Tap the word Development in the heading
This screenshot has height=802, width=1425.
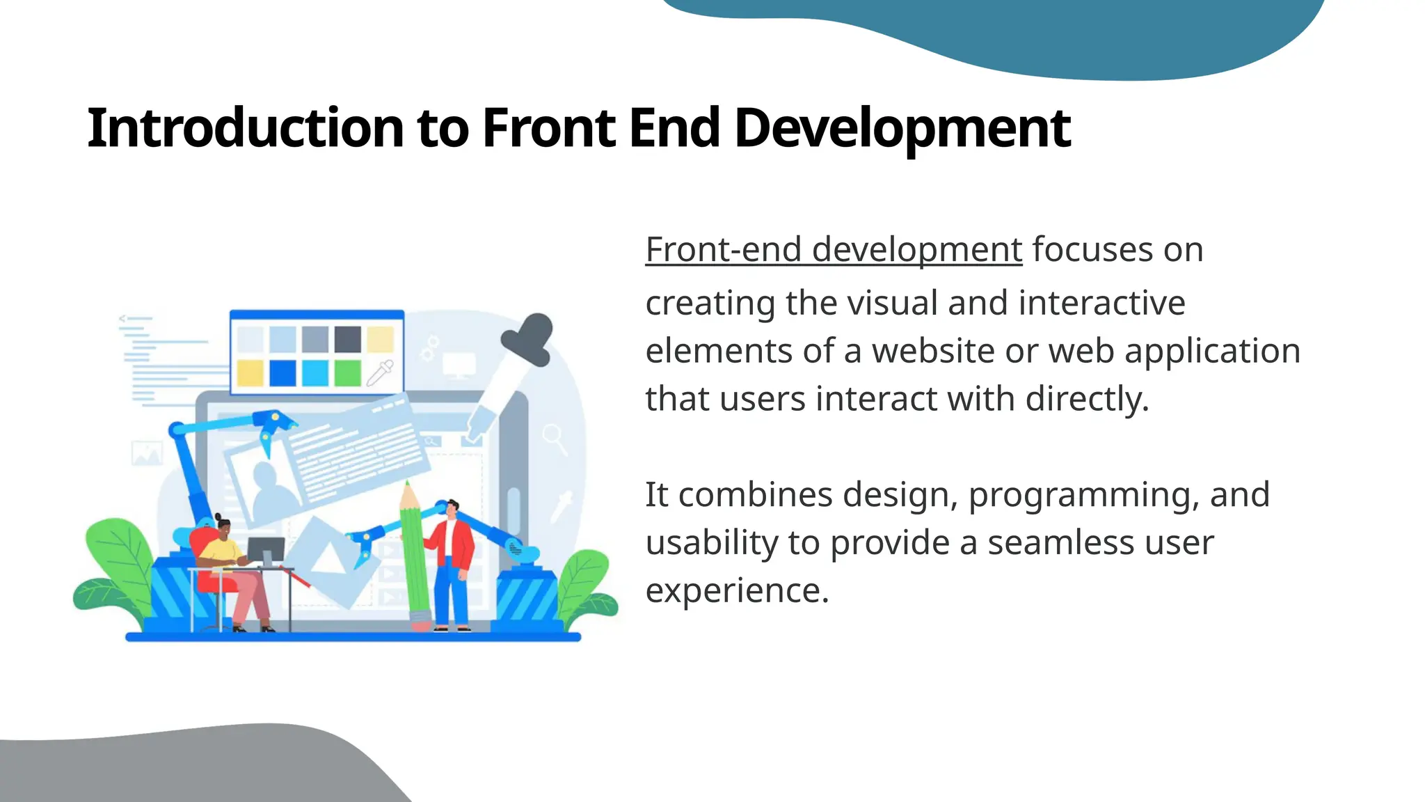[902, 128]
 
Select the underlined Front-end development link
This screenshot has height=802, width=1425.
[834, 249]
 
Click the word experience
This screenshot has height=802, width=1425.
[736, 591]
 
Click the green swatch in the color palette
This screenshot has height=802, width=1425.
[347, 372]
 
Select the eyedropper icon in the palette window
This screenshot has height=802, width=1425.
[381, 372]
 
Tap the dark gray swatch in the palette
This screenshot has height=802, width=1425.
[347, 339]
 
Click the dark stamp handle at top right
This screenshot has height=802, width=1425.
[530, 338]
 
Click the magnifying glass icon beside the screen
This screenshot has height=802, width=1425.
[555, 439]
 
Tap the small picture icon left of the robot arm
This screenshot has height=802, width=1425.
[147, 453]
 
